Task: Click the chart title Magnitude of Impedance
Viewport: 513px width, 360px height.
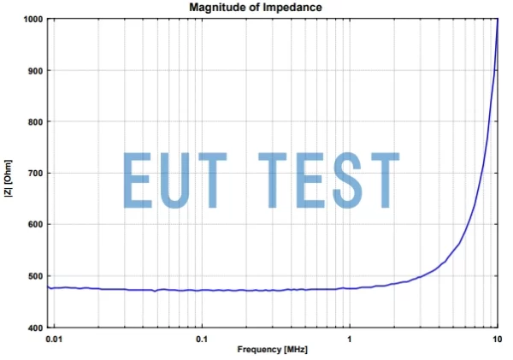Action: point(256,8)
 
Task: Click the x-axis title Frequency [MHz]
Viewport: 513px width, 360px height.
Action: point(272,350)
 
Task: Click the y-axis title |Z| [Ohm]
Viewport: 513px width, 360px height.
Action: point(8,173)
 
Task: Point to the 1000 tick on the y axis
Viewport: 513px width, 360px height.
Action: point(32,19)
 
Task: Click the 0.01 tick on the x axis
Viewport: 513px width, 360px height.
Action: point(53,339)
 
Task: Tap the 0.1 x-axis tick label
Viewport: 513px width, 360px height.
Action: point(201,339)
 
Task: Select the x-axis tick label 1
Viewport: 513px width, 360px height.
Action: point(349,339)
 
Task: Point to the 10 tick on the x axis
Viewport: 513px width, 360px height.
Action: point(497,339)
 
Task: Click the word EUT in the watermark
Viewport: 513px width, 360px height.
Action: point(177,180)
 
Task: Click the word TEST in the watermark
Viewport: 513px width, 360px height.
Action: point(329,180)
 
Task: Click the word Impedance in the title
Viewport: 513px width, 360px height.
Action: point(296,8)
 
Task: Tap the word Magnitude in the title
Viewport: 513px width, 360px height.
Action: point(217,8)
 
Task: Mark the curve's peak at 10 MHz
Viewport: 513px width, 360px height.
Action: point(498,20)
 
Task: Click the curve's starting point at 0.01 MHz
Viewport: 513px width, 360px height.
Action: point(49,287)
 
